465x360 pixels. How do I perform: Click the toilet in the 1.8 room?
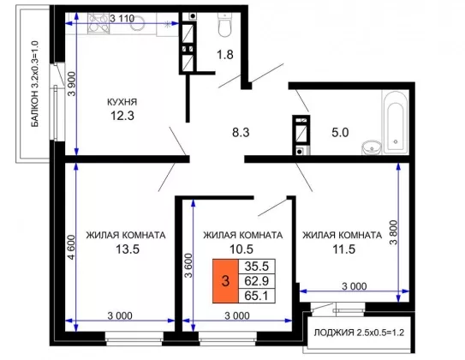[224, 24]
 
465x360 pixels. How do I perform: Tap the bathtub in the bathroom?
[396, 123]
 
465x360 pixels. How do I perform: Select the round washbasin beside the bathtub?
[372, 147]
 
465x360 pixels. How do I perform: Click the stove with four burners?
[98, 23]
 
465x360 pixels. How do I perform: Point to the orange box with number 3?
[225, 281]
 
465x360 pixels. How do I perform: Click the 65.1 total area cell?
[257, 296]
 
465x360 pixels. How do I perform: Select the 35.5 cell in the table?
[257, 267]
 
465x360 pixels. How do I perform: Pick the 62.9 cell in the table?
[257, 281]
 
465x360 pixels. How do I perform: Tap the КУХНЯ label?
[122, 102]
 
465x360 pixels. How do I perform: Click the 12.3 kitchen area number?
[122, 116]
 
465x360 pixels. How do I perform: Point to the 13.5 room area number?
[128, 249]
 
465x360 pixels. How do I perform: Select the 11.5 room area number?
[343, 249]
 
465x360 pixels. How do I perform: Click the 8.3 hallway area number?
[241, 132]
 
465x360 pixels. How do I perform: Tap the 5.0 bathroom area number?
[340, 132]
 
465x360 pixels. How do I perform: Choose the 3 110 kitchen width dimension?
[122, 19]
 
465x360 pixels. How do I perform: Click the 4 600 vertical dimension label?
[72, 247]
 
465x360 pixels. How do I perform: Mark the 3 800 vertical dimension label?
[394, 232]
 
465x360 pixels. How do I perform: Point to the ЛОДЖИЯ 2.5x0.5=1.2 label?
[359, 333]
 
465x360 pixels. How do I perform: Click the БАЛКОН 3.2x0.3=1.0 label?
[35, 84]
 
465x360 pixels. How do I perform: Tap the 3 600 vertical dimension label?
[188, 266]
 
